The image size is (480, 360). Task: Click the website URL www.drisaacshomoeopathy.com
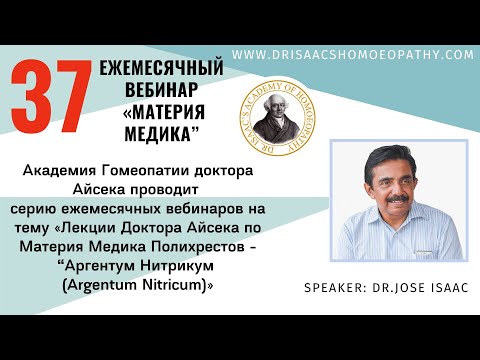353,55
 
